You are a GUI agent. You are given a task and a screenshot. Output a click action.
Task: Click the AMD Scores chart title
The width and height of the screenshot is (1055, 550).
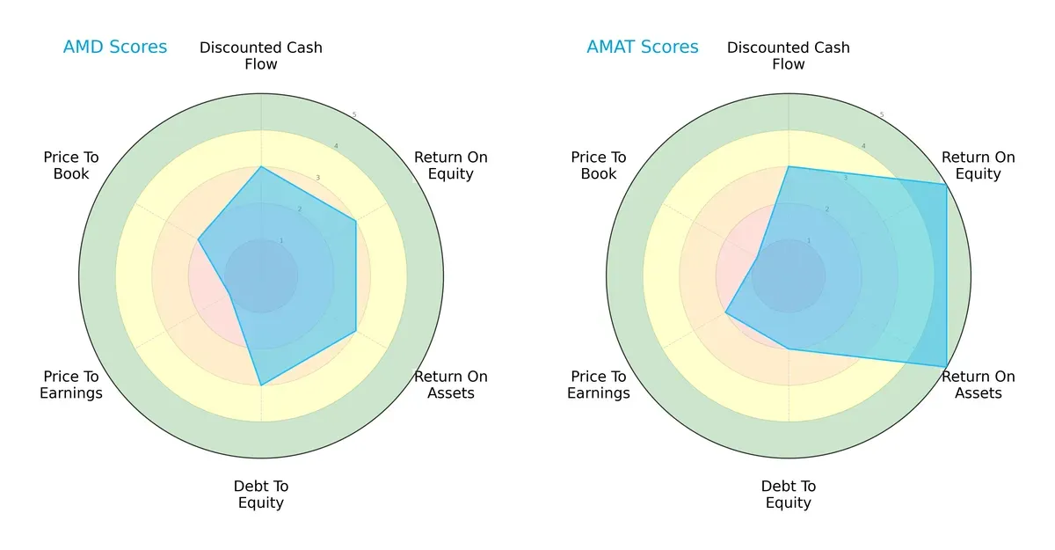114,48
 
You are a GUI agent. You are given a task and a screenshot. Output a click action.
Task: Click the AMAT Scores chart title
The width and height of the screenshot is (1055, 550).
643,48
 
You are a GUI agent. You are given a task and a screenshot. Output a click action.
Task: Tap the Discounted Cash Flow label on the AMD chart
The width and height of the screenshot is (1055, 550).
261,55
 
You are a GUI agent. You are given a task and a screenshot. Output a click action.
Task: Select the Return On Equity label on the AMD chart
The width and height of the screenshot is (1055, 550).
450,165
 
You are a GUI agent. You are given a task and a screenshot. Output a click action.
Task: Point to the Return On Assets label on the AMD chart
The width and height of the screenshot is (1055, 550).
450,385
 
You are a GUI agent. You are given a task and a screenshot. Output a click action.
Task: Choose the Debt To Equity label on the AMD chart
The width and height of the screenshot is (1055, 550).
261,495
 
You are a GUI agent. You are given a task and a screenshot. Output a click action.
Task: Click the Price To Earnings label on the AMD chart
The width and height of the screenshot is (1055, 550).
71,385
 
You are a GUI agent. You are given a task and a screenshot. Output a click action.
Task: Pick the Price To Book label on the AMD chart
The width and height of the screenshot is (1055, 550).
71,165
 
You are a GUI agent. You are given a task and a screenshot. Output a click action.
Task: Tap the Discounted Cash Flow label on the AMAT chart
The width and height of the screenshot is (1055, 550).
789,55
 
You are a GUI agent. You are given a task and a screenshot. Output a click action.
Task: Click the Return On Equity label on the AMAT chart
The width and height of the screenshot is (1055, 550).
978,165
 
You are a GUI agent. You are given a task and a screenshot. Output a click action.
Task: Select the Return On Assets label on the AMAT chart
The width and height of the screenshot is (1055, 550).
978,385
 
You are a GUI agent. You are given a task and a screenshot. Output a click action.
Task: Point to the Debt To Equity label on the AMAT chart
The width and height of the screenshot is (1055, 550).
789,495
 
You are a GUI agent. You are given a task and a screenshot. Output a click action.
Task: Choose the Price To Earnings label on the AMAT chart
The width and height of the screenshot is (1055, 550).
599,385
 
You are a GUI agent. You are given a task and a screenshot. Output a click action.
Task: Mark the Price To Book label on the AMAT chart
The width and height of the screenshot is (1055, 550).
599,165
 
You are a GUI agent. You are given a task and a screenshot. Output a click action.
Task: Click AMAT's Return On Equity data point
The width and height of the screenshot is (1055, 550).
946,184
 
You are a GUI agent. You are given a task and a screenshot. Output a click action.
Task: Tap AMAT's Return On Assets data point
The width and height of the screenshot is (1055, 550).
946,366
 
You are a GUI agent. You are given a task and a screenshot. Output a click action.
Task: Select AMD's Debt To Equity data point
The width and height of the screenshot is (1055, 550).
261,385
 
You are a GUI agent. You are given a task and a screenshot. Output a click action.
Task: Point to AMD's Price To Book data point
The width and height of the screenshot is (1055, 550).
198,238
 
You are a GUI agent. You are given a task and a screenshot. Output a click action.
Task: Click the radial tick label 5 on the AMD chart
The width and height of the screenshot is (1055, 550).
354,115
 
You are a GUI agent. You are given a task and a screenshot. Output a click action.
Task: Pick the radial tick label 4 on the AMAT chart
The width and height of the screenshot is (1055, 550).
863,146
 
